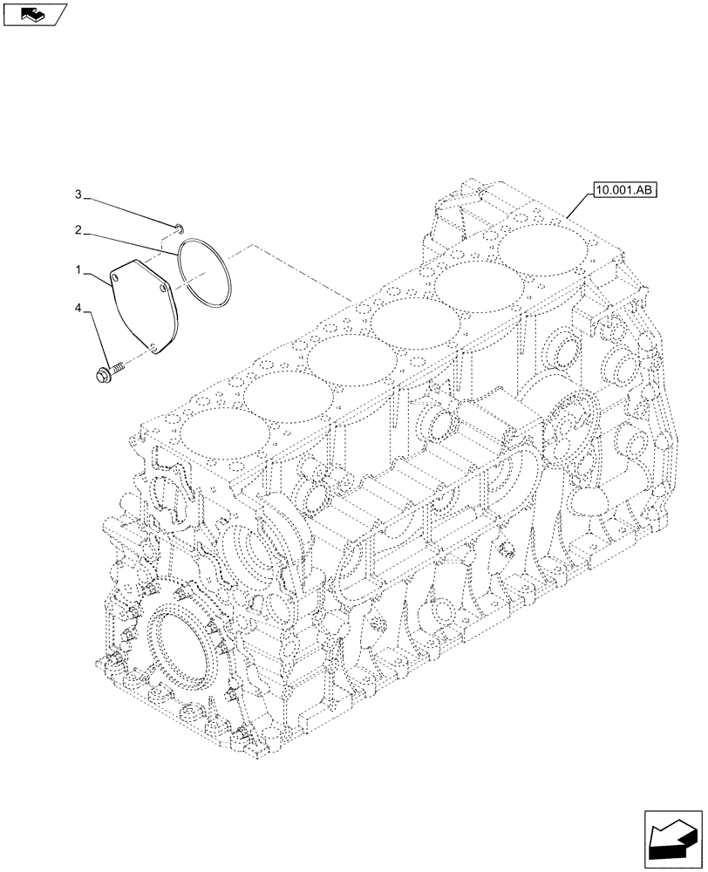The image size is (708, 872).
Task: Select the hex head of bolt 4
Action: [102, 376]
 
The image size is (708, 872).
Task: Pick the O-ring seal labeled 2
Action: [203, 274]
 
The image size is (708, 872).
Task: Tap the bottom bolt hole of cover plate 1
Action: [153, 349]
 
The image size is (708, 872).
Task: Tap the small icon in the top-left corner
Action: [32, 13]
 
